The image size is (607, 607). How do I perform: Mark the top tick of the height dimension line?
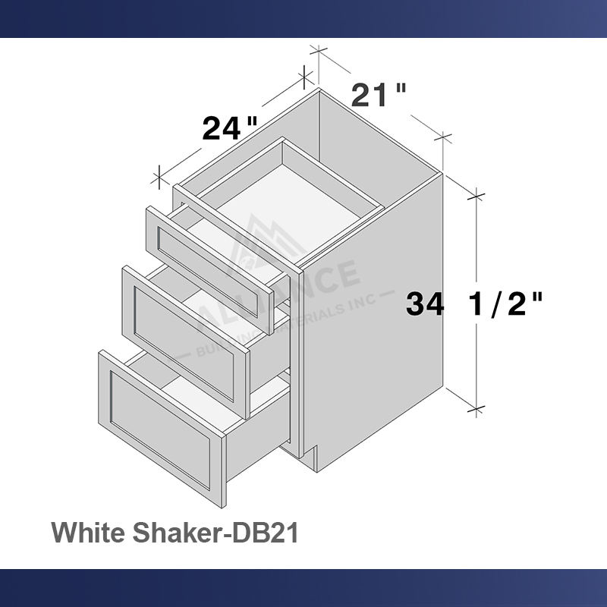[x=476, y=195]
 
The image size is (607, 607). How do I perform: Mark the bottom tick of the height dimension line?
[x=476, y=410]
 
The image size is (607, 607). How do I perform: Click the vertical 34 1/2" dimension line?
[x=476, y=250]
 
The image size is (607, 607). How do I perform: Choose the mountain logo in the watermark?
[x=262, y=239]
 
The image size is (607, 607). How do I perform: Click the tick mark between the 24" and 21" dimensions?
[x=305, y=75]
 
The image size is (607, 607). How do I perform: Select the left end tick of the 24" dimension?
[x=159, y=178]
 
